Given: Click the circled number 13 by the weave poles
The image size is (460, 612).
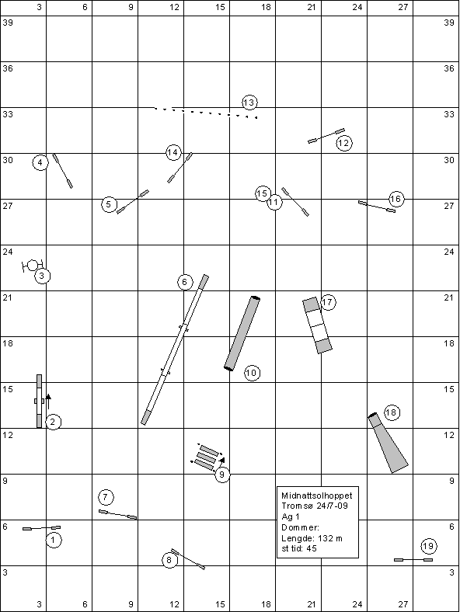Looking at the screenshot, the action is coord(249,103).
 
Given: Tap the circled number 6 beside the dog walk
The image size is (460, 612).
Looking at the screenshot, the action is coord(185,282).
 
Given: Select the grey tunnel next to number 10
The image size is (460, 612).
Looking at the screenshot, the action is coord(242,333).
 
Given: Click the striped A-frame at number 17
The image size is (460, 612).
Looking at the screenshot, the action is coord(317,325).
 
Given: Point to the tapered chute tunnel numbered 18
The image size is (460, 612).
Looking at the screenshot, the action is coord(389,443).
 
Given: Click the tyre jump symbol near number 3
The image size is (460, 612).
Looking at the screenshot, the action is coord(33,266).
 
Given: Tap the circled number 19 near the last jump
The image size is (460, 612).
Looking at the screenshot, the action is coord(428,546).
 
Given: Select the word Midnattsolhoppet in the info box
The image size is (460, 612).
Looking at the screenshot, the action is coord(317,496).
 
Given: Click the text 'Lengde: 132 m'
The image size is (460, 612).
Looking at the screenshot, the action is coord(312,538).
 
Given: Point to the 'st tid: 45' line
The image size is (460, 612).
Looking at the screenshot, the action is coord(298,548).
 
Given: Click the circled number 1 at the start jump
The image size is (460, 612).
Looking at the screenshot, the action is coord(54,540).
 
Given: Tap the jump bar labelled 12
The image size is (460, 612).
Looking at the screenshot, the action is coord(326,136).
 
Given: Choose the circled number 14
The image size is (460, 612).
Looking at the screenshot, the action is coord(173,152).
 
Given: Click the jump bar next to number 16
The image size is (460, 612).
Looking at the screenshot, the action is coord(377,207).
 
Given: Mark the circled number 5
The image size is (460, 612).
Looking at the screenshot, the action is coord(109,204).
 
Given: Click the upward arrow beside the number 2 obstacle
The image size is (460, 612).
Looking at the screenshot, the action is coord(48,402).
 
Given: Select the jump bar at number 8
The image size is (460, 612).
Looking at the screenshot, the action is coord(188,559).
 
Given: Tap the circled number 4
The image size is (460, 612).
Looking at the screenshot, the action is coord(40,162).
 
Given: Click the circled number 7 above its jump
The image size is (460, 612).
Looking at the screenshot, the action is coord(106,497).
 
